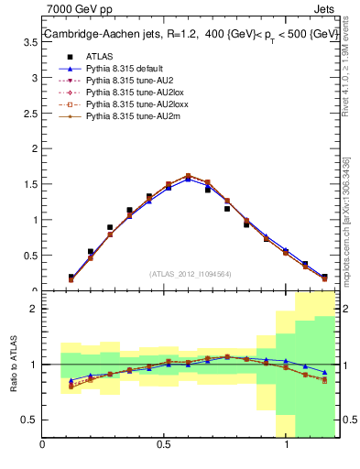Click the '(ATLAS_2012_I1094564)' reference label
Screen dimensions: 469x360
click(191, 274)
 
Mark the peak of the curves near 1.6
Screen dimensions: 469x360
click(188, 176)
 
